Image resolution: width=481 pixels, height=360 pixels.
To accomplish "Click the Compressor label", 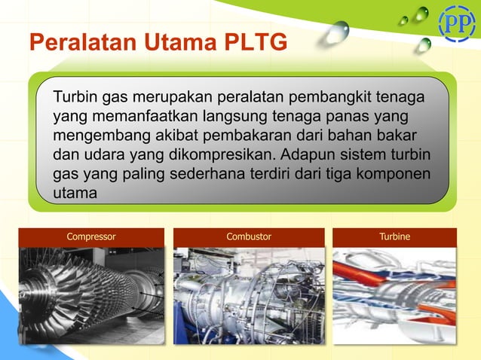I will (91, 236).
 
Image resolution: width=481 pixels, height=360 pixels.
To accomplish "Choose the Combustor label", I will (249, 236).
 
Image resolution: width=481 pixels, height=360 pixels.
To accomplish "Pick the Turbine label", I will (395, 236).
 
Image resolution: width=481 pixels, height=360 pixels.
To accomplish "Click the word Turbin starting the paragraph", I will (76, 99).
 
